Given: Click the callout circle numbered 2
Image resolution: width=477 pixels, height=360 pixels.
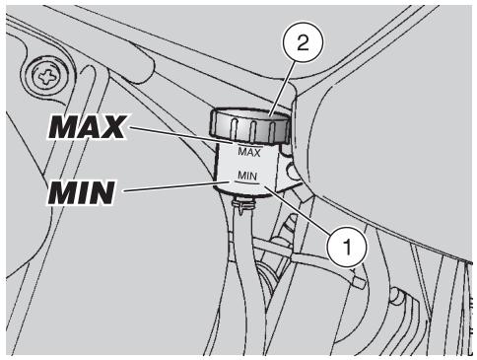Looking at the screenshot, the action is (303, 43).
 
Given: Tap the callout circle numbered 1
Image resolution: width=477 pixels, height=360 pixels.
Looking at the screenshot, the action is (347, 247).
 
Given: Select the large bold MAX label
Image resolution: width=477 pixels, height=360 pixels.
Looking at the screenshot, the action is (88, 127).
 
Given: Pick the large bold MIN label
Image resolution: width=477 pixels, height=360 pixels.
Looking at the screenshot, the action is (82, 192).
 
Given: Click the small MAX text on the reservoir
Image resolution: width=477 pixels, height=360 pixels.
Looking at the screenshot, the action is (249, 152).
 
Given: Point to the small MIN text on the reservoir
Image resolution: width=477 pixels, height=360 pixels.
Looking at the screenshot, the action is (247, 176).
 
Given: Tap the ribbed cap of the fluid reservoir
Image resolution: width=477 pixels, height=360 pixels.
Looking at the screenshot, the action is (250, 126).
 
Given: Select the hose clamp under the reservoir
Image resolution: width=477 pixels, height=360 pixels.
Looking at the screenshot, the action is (243, 205).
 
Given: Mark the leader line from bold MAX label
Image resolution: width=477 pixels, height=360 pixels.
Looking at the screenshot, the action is (181, 135).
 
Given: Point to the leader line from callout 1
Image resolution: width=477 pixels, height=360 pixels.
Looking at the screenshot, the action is (298, 209).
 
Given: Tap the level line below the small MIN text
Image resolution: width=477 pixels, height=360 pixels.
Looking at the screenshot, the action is (246, 182).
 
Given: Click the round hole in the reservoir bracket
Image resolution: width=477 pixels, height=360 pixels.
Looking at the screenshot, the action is (291, 171).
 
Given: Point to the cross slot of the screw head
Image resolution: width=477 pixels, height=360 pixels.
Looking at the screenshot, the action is (48, 77).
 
